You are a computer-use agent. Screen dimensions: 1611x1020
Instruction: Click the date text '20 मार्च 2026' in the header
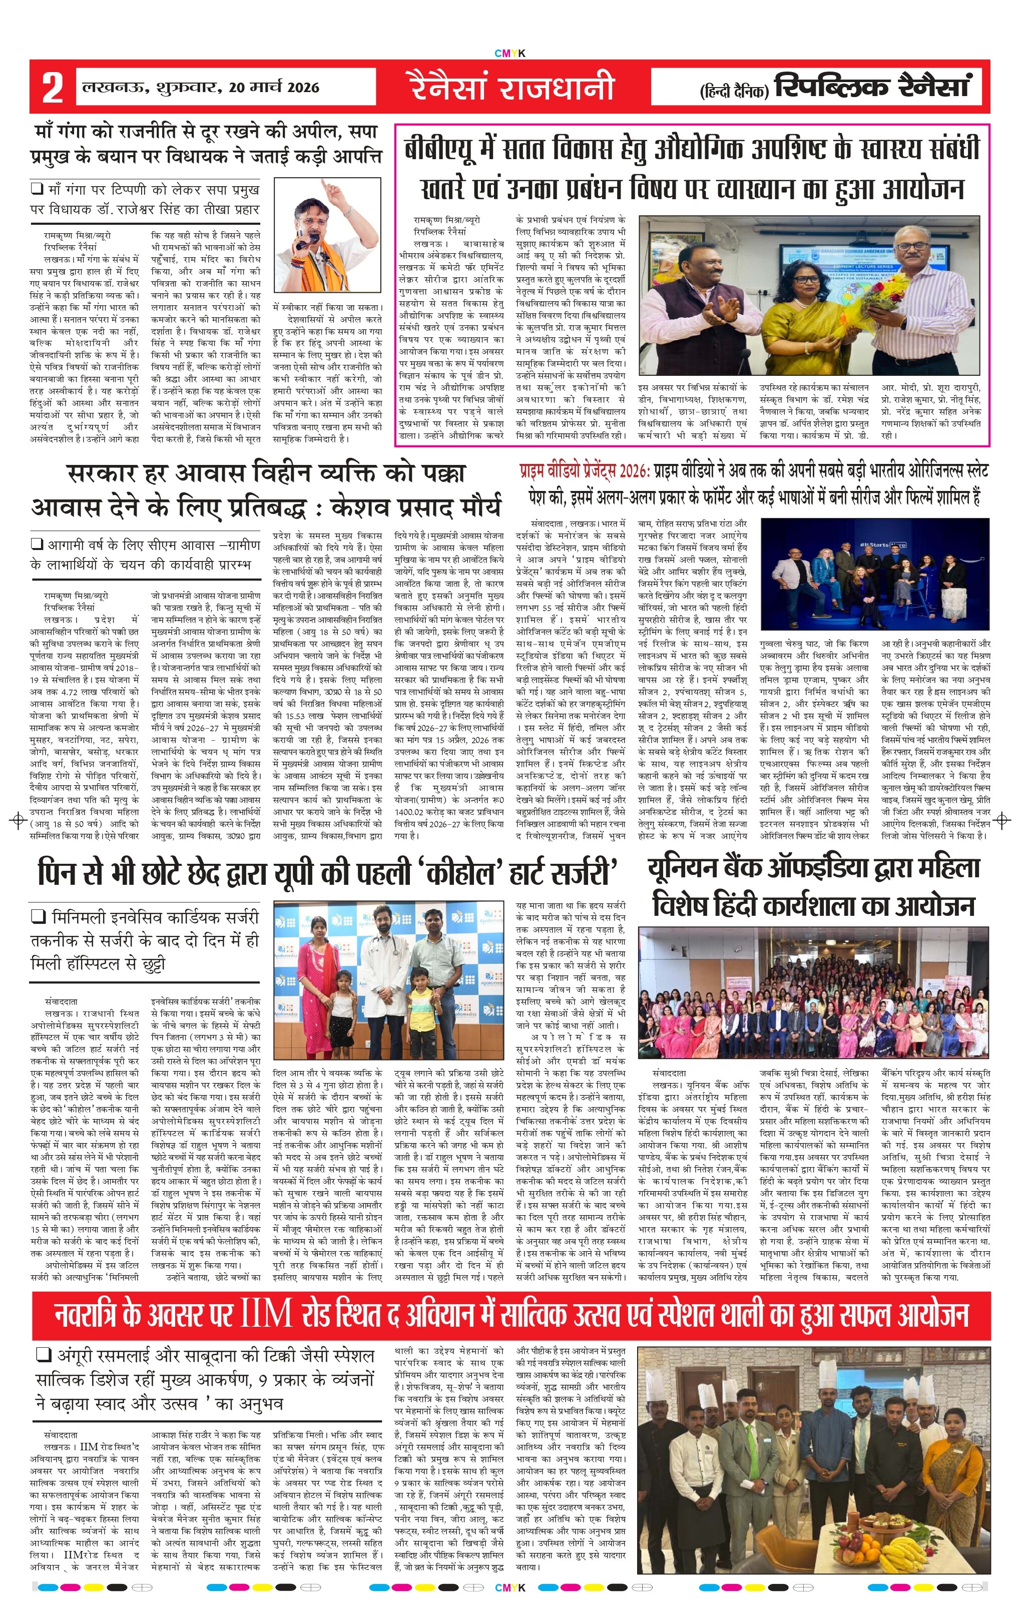point(274,87)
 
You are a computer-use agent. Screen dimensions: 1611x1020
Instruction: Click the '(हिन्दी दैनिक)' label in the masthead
point(735,90)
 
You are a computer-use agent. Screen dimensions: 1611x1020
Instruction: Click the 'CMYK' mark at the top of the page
point(509,54)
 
